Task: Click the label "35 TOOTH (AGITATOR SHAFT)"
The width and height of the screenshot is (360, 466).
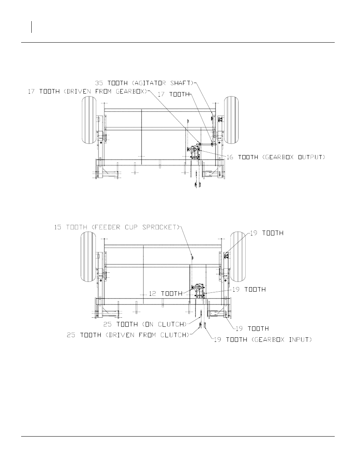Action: (144, 83)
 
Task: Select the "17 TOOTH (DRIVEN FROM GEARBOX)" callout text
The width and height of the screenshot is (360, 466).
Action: (88, 92)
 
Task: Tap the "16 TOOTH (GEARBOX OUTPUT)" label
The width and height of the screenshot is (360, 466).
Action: (276, 157)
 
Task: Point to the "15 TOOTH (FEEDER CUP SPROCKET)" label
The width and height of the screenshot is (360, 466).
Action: (117, 227)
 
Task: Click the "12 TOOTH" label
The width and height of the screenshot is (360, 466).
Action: (166, 294)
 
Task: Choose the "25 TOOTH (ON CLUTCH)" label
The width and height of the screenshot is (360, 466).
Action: (145, 324)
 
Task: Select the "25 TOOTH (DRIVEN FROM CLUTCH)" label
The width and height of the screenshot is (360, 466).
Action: (128, 335)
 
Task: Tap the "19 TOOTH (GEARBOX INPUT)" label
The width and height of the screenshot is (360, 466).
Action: (263, 340)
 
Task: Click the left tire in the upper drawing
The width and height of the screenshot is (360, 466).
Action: (89, 120)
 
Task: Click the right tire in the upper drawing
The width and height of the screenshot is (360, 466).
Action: (231, 120)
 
